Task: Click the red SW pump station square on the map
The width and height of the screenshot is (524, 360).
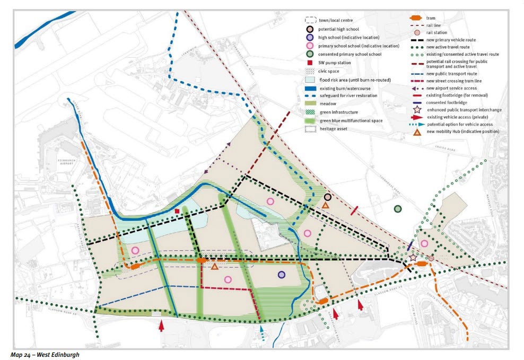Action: pyautogui.click(x=177, y=212)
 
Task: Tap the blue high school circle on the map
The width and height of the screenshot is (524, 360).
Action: pyautogui.click(x=282, y=274)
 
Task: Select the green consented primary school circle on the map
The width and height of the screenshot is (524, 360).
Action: pyautogui.click(x=398, y=209)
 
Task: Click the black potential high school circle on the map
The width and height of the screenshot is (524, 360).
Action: pyautogui.click(x=328, y=197)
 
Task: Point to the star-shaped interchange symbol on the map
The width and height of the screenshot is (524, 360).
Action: pyautogui.click(x=413, y=258)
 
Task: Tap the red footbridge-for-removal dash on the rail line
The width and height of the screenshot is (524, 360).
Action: pyautogui.click(x=355, y=210)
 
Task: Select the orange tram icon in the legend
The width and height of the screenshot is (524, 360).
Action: pyautogui.click(x=416, y=18)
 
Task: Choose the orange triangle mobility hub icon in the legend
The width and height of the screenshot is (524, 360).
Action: pyautogui.click(x=416, y=131)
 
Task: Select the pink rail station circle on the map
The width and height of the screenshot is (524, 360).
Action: pyautogui.click(x=431, y=258)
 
